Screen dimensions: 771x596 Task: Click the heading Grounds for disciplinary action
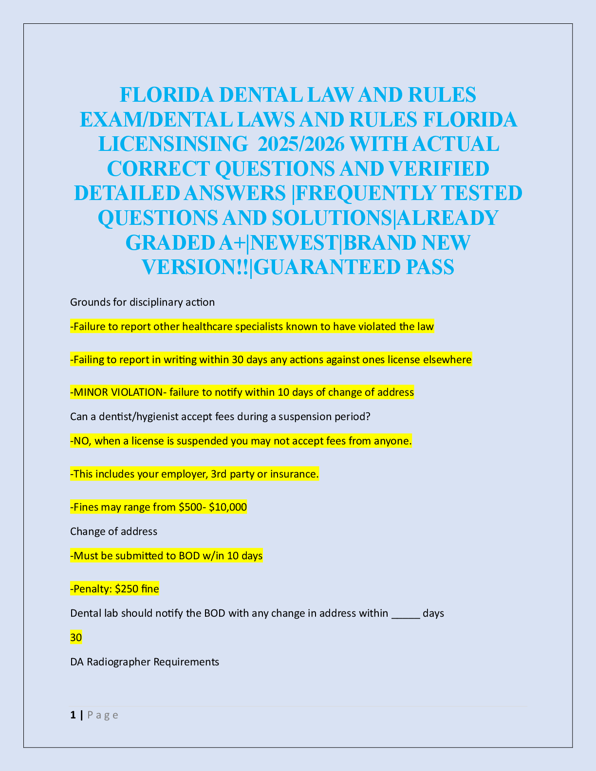[142, 302]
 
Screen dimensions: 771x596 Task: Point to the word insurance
[296, 474]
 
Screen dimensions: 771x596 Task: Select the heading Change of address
[113, 532]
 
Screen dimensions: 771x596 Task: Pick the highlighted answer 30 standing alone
[76, 638]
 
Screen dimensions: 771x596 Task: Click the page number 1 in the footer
[73, 715]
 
